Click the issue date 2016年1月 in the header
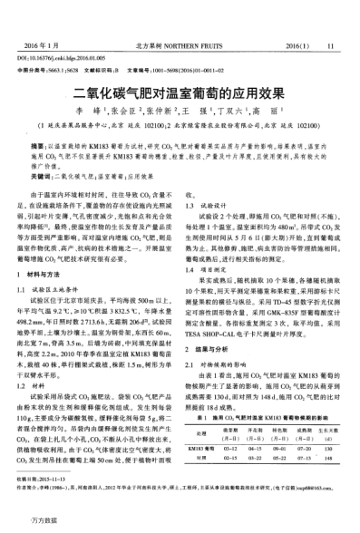point(45,17)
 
